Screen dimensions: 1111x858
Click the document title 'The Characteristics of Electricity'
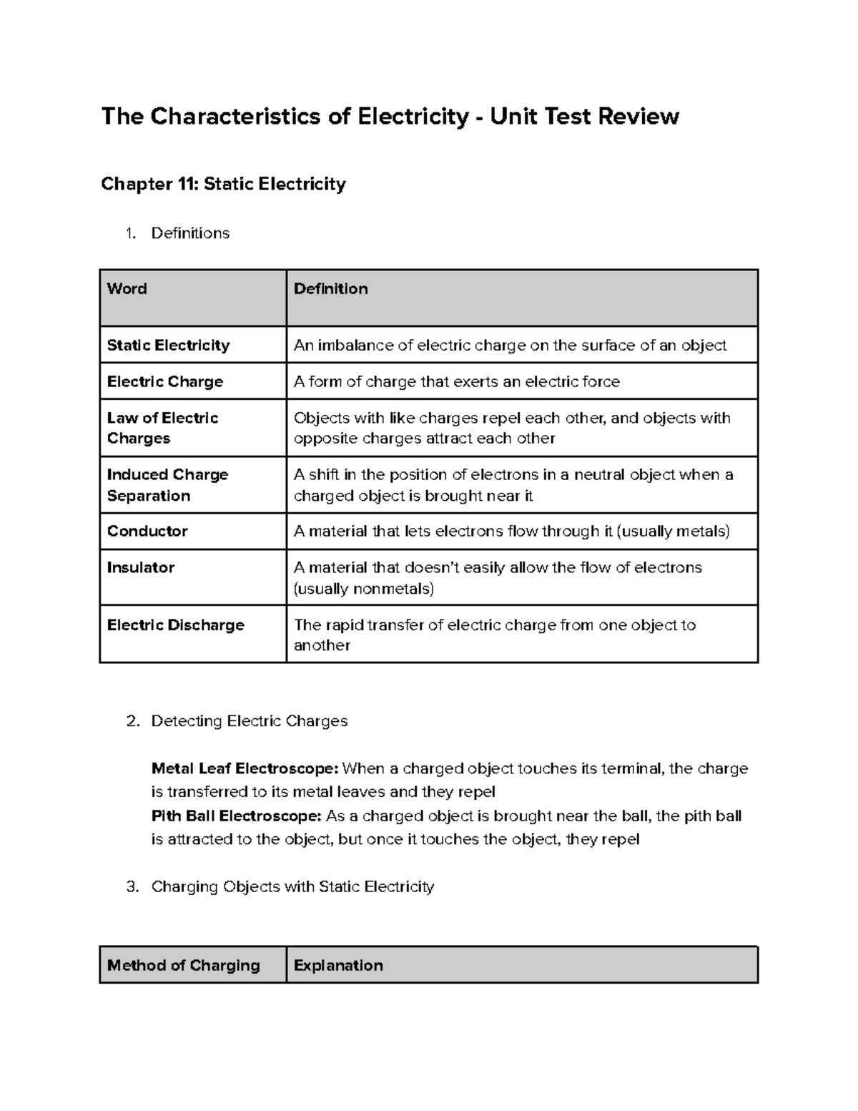pos(285,116)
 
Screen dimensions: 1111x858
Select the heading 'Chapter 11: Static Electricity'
pos(223,184)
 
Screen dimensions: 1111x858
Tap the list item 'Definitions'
pos(190,233)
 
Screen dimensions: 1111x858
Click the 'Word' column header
pos(127,289)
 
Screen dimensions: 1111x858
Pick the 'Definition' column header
pos(330,289)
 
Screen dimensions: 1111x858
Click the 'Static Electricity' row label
pos(168,346)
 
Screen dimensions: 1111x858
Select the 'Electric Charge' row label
pos(164,382)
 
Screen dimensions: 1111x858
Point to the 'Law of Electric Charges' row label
pos(162,428)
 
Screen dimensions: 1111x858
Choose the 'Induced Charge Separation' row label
pos(167,485)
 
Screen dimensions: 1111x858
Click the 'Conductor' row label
pos(147,532)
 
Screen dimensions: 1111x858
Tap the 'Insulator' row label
pos(140,568)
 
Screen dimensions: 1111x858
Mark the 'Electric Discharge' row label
pos(175,625)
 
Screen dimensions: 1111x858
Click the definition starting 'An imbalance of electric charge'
pos(510,346)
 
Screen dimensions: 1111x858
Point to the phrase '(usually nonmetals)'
pos(364,589)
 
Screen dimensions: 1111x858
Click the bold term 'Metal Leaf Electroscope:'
pos(245,769)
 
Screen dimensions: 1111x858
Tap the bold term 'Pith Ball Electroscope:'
pos(236,816)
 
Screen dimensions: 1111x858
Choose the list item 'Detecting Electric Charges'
pos(249,721)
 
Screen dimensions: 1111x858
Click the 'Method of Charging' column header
pos(183,966)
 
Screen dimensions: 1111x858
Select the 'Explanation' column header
pos(338,966)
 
